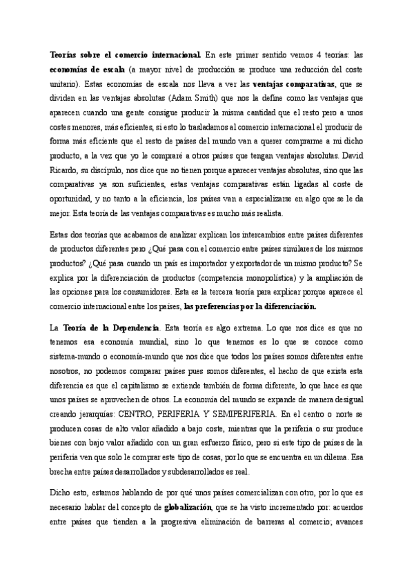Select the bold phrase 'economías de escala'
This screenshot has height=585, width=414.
88,70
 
